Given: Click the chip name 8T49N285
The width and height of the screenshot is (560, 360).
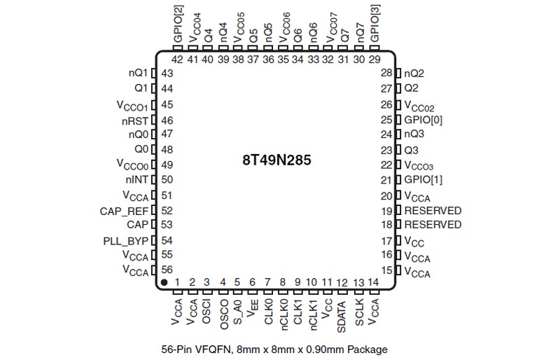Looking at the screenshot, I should tap(276, 160).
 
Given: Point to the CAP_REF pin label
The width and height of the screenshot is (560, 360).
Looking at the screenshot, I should tap(124, 211).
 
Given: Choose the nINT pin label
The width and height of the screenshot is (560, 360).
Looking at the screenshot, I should tap(136, 179).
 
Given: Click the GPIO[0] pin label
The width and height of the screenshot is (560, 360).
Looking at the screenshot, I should tap(423, 120).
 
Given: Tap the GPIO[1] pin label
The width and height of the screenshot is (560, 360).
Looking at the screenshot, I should tap(423, 179).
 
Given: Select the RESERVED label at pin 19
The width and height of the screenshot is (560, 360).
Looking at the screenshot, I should tap(433, 210).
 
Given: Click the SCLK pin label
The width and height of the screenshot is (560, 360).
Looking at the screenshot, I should tap(359, 312).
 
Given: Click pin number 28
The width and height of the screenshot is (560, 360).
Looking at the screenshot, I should tap(386, 73).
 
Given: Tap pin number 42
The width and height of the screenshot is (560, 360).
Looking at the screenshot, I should tap(177, 60).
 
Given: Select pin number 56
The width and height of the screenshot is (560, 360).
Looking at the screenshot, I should tap(167, 270).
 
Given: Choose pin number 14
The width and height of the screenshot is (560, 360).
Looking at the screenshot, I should tap(374, 282).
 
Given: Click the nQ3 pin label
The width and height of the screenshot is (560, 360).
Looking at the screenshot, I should tap(414, 134).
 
